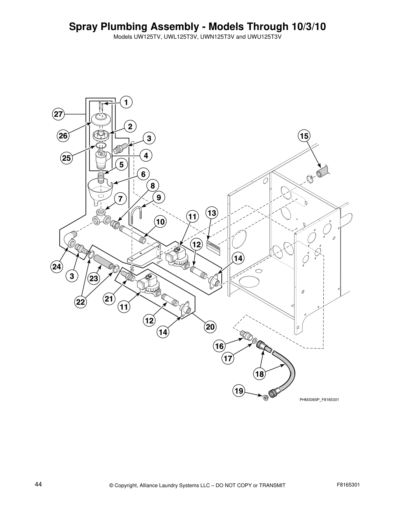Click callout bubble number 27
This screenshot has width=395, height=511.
[58, 114]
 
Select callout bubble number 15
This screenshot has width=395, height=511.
[304, 136]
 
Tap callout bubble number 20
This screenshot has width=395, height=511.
[210, 327]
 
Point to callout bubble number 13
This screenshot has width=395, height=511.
[212, 213]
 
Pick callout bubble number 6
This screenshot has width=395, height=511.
[143, 174]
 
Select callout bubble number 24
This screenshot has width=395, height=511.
[56, 266]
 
